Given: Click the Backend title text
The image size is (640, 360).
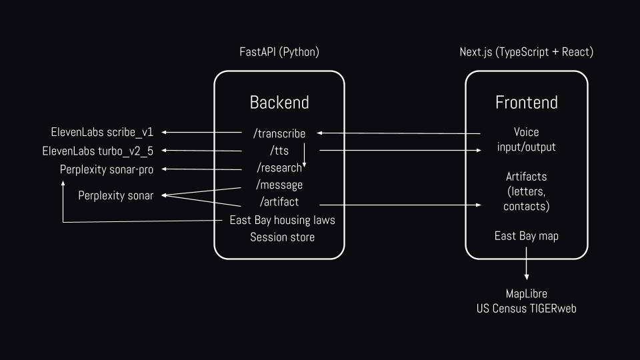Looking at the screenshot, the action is [279, 103].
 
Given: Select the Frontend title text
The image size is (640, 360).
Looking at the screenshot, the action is [527, 103].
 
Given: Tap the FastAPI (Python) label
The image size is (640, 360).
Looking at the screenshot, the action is [279, 52].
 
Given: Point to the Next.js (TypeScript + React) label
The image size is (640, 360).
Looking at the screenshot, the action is [527, 52].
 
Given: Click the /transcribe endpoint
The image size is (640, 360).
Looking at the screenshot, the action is [279, 133].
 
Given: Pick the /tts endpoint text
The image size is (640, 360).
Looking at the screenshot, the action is [279, 151].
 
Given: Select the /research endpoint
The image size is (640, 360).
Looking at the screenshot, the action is [279, 168].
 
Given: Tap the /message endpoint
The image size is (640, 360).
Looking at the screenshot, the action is [279, 185].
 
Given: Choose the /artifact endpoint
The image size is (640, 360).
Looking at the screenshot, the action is [279, 201].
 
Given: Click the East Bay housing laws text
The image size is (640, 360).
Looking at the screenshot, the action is [283, 221].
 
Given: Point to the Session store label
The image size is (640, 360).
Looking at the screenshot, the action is [283, 237].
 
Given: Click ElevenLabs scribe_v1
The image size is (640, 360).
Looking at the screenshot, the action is [102, 132].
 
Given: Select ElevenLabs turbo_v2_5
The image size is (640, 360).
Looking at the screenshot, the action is [97, 151].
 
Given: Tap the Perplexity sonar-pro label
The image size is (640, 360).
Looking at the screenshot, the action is [107, 169].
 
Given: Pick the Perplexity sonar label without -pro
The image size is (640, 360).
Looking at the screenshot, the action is [116, 195].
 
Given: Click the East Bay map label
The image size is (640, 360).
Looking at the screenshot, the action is [527, 236].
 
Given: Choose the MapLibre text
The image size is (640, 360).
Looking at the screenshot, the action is [527, 294].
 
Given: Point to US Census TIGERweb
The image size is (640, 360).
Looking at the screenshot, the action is [527, 309].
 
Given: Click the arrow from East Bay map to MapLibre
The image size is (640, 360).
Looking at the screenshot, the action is [527, 264].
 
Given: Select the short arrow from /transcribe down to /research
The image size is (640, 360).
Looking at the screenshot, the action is [304, 155].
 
